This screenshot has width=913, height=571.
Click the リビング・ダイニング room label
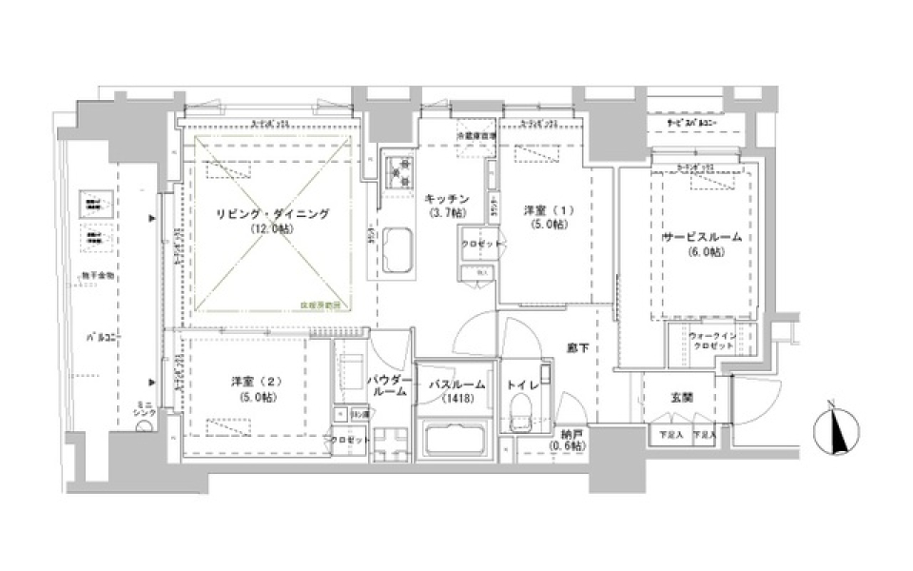coord(260,215)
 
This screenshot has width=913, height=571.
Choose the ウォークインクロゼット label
coord(710,339)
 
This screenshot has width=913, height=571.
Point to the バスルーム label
coord(456,385)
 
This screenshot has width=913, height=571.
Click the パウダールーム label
coord(390,386)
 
